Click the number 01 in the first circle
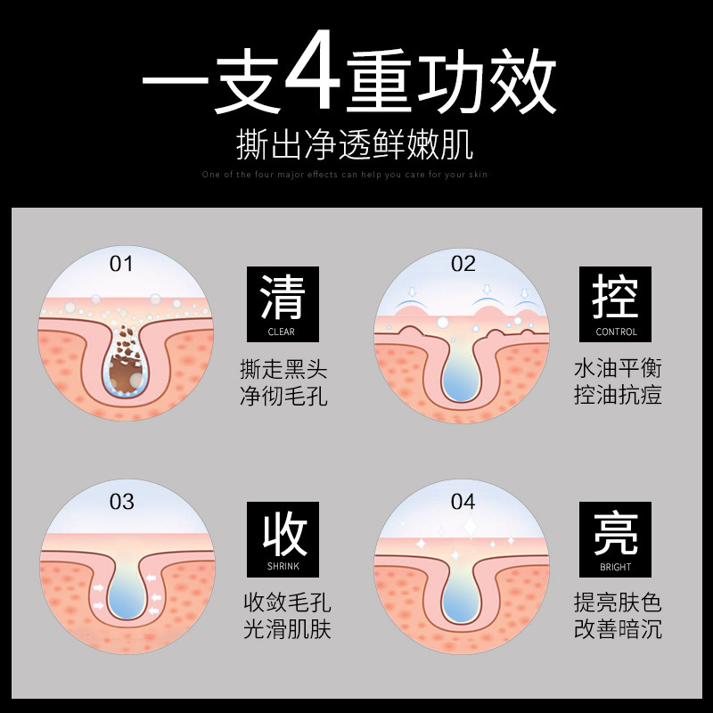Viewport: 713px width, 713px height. point(121,264)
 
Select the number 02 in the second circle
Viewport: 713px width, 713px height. point(463,264)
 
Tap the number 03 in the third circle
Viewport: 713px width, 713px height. point(121,501)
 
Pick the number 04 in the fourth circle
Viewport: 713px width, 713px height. point(463,501)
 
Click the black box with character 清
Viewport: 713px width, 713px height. point(283,304)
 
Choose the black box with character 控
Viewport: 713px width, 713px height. point(616,304)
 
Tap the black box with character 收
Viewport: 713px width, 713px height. point(283,539)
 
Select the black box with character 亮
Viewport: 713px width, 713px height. point(616,539)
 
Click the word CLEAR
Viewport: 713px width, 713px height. point(282,332)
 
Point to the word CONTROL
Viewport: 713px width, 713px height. point(616,332)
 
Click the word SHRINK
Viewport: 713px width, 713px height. point(282,567)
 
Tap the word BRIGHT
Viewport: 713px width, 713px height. point(616,567)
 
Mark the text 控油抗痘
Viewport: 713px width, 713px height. point(618,395)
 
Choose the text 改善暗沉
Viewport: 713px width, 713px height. point(618,629)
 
